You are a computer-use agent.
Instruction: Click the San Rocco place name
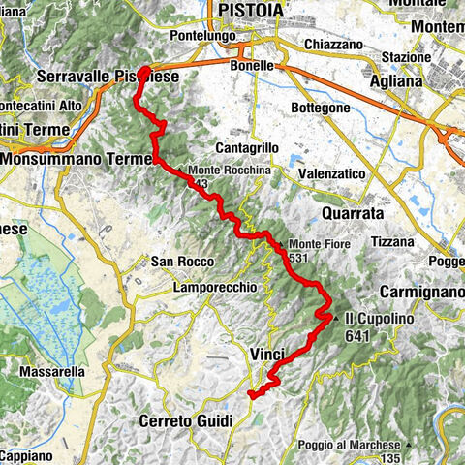(174, 261)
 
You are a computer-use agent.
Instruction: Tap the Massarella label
(53, 371)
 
